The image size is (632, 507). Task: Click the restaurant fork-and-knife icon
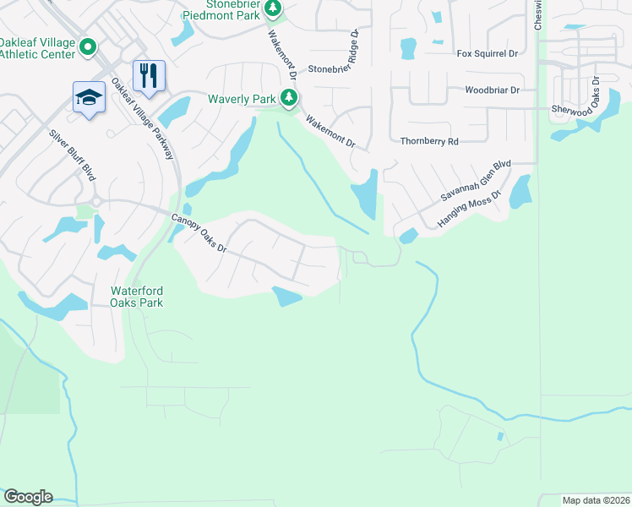point(149,74)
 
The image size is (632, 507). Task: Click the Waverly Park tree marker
point(289,99)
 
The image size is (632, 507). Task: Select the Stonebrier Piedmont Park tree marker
point(272,8)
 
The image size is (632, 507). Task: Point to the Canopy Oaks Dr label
point(199,232)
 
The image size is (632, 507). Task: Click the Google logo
point(28,497)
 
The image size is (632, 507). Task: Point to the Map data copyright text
point(596,500)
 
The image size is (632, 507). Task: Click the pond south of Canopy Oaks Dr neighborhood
point(287,296)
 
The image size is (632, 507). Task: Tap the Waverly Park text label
point(242,99)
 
